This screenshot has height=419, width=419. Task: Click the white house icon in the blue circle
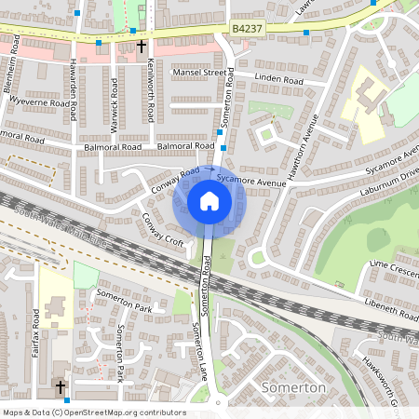(209, 201)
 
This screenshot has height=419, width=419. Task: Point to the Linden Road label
(279, 80)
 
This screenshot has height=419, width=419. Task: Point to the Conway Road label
(175, 181)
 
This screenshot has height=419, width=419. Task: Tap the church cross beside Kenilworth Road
(142, 45)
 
